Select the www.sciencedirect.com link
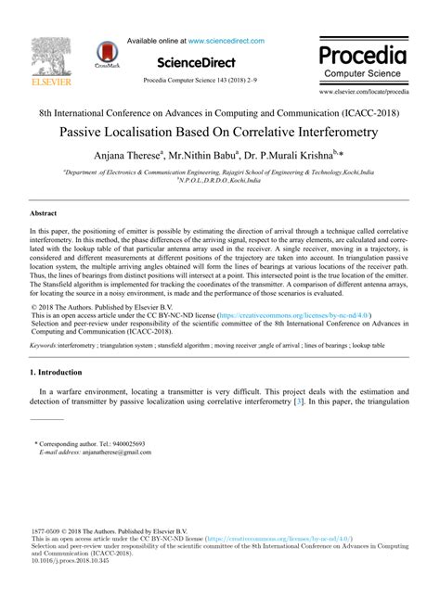point(226,41)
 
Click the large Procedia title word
point(363,52)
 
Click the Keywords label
point(44,343)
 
